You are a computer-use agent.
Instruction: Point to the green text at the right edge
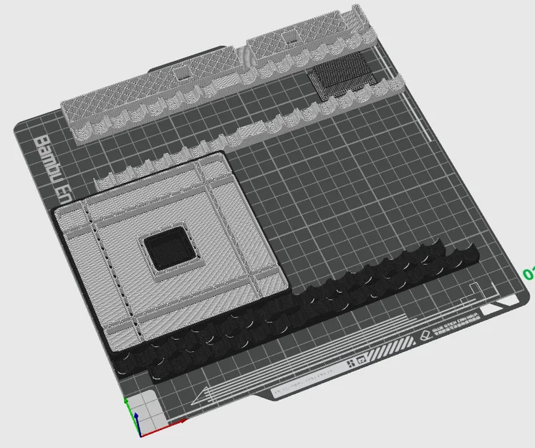point(529,274)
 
